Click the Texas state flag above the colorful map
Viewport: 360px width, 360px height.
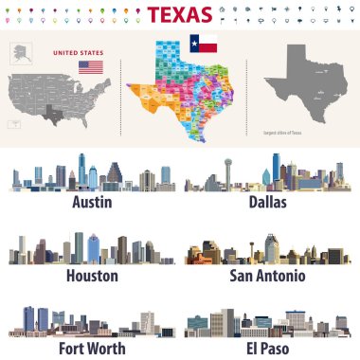click(x=204, y=44)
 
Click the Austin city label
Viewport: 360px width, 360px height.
click(x=92, y=202)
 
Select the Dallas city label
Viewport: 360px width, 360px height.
click(x=266, y=202)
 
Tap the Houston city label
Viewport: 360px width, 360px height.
click(x=92, y=276)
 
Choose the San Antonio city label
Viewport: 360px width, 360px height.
click(x=267, y=276)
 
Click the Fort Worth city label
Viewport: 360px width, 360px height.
click(x=92, y=348)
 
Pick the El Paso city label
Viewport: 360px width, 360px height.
click(x=267, y=348)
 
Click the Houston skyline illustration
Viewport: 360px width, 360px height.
click(x=92, y=249)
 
